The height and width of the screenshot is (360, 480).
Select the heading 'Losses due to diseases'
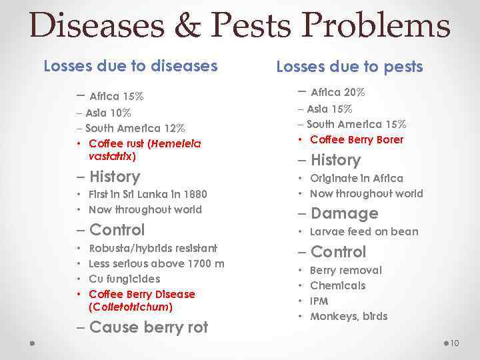pyautogui.click(x=131, y=66)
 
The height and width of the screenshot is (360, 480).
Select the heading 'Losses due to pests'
pyautogui.click(x=349, y=67)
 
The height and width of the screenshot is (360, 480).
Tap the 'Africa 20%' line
pyautogui.click(x=337, y=92)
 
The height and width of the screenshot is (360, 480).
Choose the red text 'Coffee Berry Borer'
pyautogui.click(x=357, y=139)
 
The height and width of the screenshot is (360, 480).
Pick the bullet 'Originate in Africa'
pyautogui.click(x=356, y=178)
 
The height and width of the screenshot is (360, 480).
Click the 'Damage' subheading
pyautogui.click(x=344, y=213)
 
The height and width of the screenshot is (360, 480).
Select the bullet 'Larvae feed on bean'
pyautogui.click(x=364, y=231)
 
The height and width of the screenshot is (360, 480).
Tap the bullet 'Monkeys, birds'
pyautogui.click(x=348, y=316)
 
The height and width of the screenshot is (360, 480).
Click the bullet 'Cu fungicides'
pyautogui.click(x=124, y=279)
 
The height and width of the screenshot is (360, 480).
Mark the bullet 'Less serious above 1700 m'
pyautogui.click(x=156, y=263)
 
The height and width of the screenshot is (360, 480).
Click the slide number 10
pyautogui.click(x=455, y=343)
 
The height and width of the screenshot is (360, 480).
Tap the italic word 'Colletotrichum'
pyautogui.click(x=130, y=307)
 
